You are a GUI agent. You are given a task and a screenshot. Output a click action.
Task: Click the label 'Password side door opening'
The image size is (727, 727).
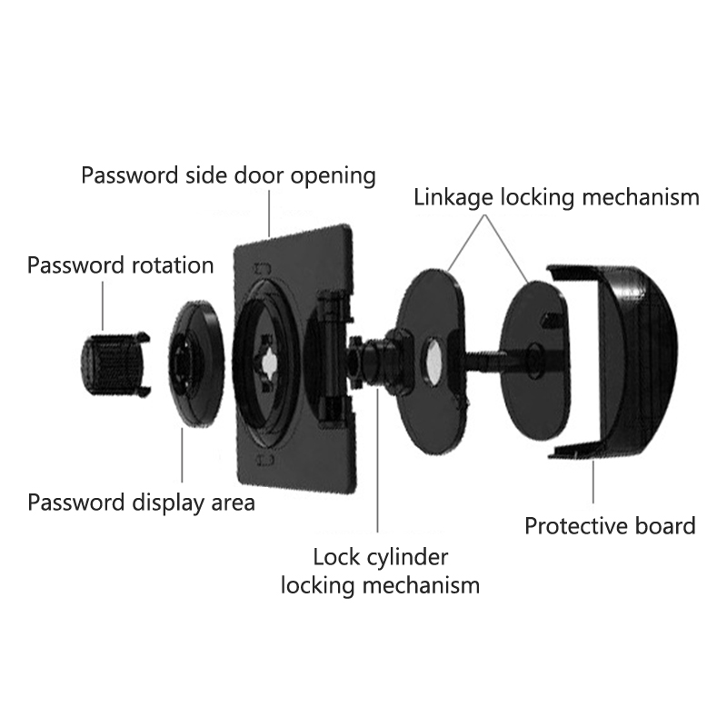point(228,174)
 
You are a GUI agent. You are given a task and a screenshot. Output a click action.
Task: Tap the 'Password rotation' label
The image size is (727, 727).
point(120,265)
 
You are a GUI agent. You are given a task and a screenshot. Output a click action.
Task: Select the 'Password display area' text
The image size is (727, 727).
point(141,502)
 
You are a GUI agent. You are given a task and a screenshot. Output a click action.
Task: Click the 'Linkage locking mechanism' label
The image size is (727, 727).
point(556,196)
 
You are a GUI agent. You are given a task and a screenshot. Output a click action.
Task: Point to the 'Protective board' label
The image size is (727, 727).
point(610,525)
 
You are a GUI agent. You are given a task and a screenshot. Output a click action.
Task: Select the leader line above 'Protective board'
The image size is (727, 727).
point(593,482)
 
